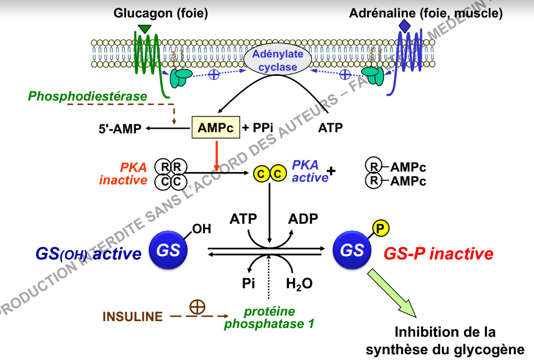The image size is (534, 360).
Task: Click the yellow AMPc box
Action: click(x=216, y=128)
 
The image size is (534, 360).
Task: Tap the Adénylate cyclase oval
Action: click(x=277, y=60)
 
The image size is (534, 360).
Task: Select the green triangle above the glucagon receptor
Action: click(x=144, y=29)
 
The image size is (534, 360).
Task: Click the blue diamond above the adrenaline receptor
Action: click(x=404, y=26)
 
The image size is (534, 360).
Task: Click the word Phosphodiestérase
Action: click(x=87, y=96)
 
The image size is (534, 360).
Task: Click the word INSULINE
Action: click(x=133, y=317)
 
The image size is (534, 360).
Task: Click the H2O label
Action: click(x=299, y=284)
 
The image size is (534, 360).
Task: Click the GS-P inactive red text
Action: click(x=438, y=253)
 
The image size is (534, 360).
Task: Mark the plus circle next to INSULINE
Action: click(x=197, y=307)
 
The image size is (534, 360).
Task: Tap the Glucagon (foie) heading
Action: click(x=161, y=13)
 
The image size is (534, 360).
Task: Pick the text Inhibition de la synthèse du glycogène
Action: click(x=445, y=341)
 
